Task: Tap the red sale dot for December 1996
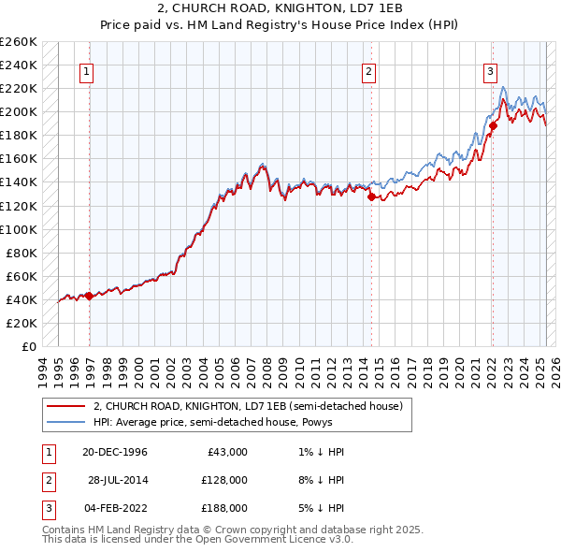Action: [x=89, y=296]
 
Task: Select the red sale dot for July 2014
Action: [x=371, y=196]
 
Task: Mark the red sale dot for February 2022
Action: [x=493, y=125]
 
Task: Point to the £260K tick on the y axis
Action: [x=21, y=42]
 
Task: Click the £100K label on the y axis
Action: [x=21, y=229]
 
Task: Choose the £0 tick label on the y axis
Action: [x=28, y=346]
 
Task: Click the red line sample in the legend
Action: [x=65, y=407]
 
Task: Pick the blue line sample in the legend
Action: [x=65, y=422]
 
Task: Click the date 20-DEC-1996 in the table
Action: [x=115, y=452]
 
